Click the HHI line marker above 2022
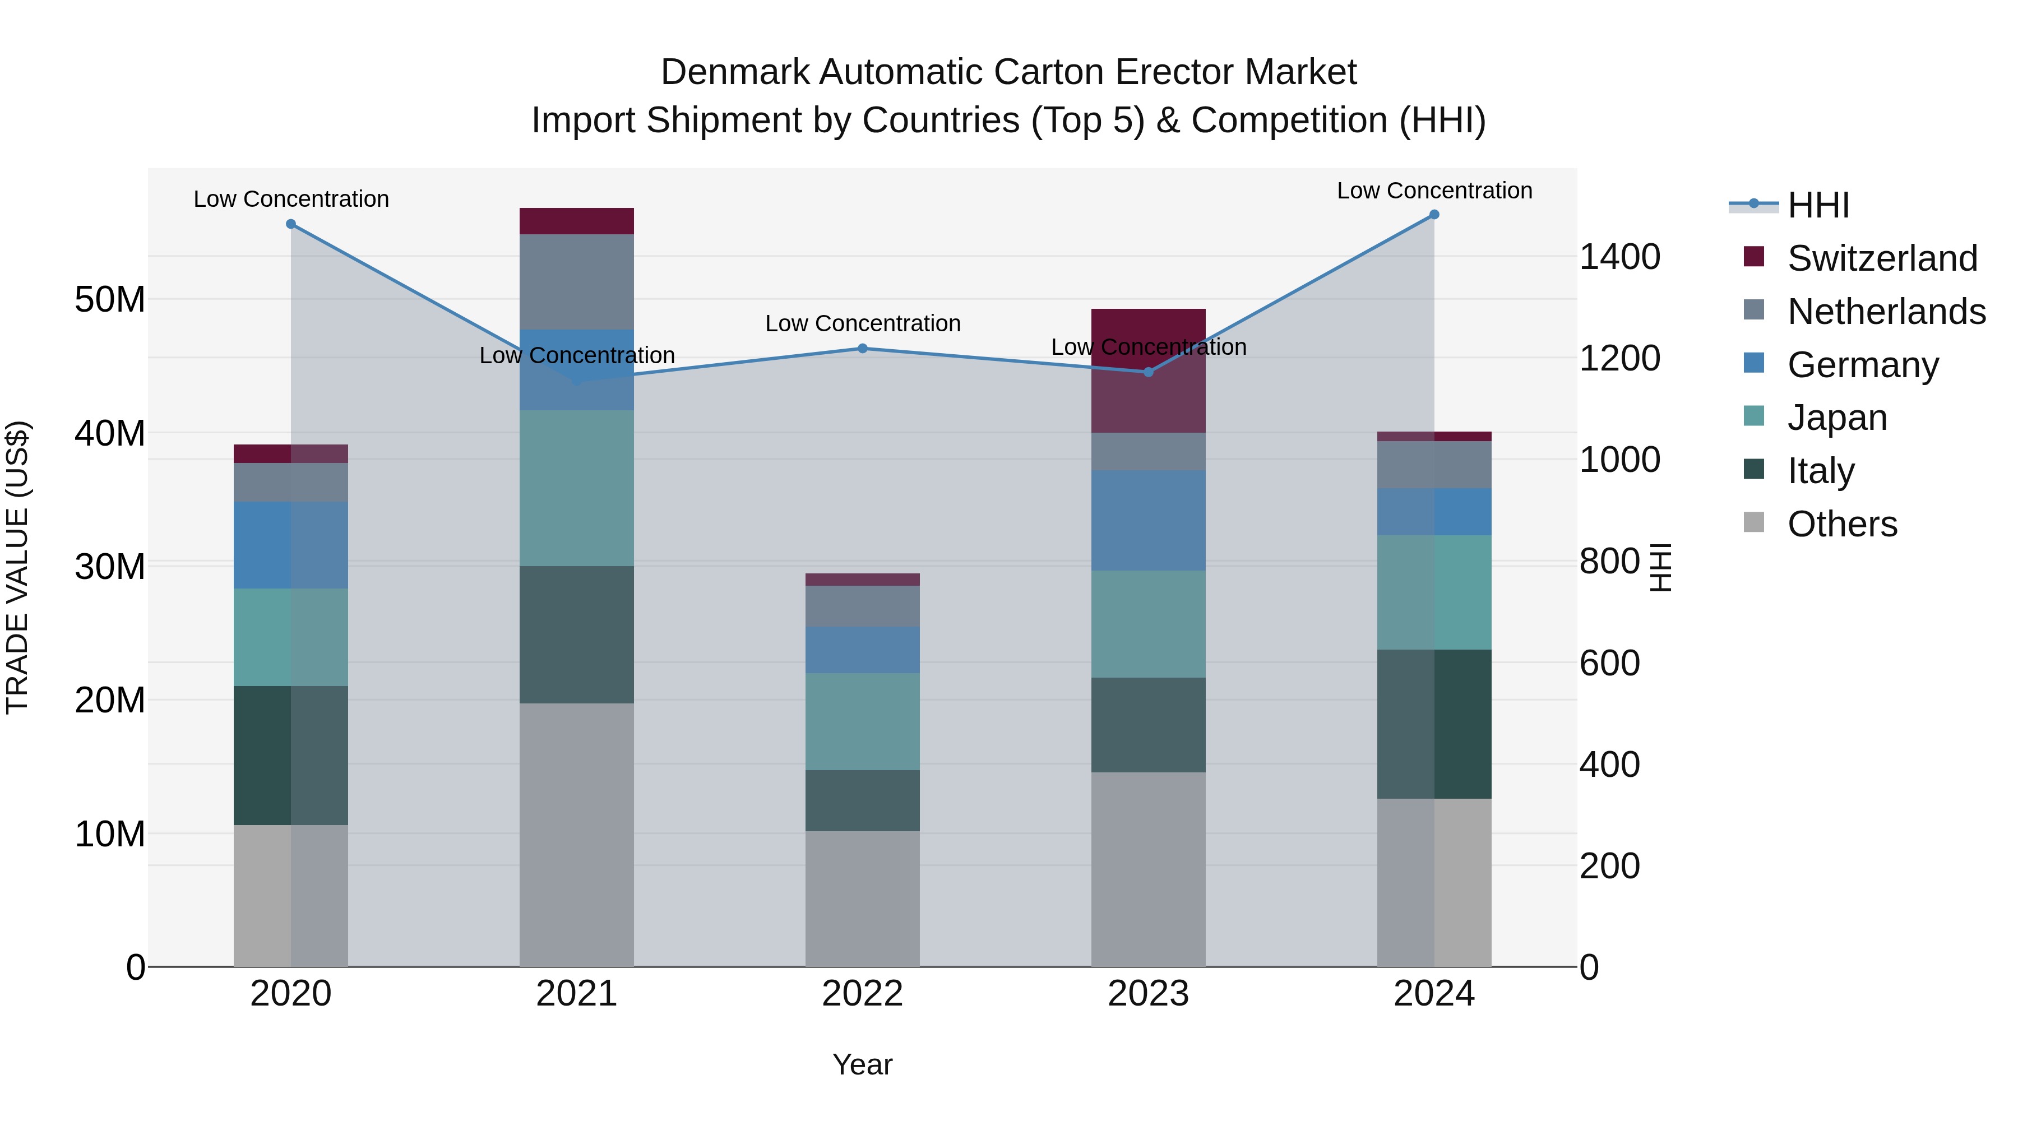click(x=863, y=349)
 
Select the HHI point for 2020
click(x=290, y=224)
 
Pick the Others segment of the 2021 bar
click(x=577, y=834)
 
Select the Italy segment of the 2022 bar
click(x=863, y=800)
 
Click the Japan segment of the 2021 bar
click(x=577, y=488)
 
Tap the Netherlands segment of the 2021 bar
click(x=577, y=282)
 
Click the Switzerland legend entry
click(x=1882, y=258)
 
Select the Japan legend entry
click(x=1836, y=418)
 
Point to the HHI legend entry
click(x=1817, y=205)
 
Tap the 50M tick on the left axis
click(x=110, y=299)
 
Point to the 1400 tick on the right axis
click(x=1619, y=257)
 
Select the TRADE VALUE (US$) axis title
click(x=17, y=567)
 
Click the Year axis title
click(x=863, y=1064)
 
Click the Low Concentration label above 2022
click(x=863, y=323)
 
